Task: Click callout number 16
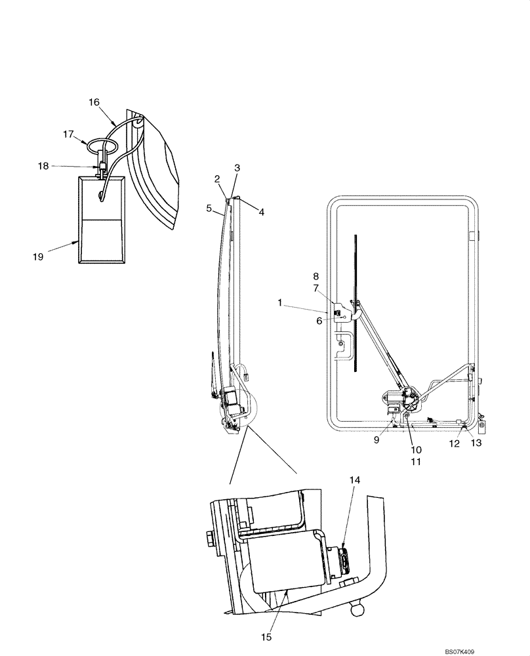[94, 102]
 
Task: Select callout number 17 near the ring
[69, 134]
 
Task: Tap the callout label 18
[43, 167]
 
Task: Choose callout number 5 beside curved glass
[209, 209]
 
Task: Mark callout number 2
[217, 179]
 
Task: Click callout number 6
[319, 321]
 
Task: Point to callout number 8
[316, 276]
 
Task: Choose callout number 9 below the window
[377, 441]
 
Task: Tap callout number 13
[476, 443]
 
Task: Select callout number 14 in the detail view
[354, 481]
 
